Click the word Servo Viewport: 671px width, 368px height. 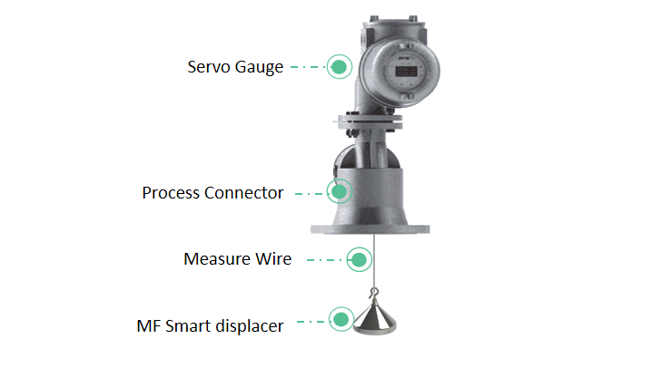pyautogui.click(x=209, y=67)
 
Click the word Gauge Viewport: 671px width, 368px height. pyautogui.click(x=259, y=68)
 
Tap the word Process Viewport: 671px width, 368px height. pyautogui.click(x=171, y=193)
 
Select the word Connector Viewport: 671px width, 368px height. pyautogui.click(x=244, y=193)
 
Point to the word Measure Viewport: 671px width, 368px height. pyautogui.click(x=217, y=259)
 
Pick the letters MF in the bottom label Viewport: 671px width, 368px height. pyautogui.click(x=149, y=326)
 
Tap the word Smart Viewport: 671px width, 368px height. pyautogui.click(x=188, y=326)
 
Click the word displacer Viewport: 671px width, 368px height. pyautogui.click(x=250, y=326)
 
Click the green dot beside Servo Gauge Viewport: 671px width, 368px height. pyautogui.click(x=340, y=67)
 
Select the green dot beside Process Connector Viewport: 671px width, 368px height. pyautogui.click(x=340, y=192)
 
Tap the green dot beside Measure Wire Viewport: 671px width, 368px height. pyautogui.click(x=359, y=259)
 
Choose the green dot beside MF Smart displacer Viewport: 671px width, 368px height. pyautogui.click(x=341, y=319)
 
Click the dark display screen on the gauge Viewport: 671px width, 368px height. pyautogui.click(x=407, y=72)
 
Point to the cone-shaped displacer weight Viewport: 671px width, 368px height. pyautogui.click(x=375, y=318)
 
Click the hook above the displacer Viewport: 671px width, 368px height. pyautogui.click(x=374, y=294)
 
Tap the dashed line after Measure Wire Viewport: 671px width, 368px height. pyautogui.click(x=324, y=260)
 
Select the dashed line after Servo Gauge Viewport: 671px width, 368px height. pyautogui.click(x=308, y=67)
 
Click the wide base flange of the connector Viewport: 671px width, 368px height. pyautogui.click(x=370, y=229)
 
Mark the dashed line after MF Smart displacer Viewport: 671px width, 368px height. pyautogui.click(x=311, y=322)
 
